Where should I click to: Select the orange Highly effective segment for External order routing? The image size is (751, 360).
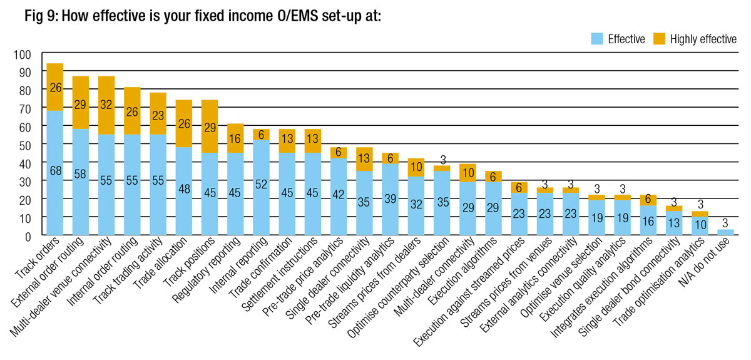pos(81,103)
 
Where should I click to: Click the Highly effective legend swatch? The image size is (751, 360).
pos(660,39)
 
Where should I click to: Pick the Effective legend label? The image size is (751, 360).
pos(626,39)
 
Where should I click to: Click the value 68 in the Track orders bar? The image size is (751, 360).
pos(55,171)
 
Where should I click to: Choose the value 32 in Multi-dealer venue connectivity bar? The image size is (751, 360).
pos(106,105)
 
